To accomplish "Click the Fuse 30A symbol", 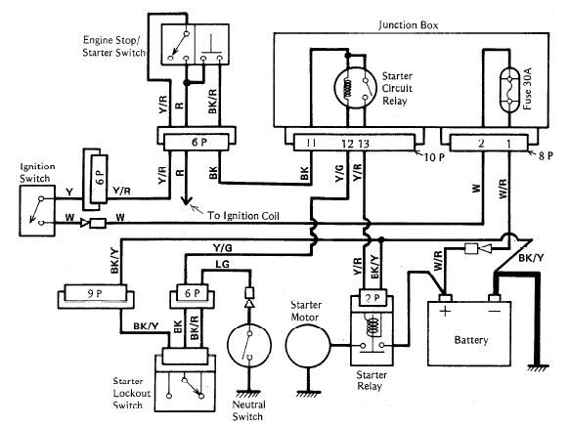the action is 509,90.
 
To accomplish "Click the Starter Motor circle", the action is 308,346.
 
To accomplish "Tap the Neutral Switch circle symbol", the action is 249,346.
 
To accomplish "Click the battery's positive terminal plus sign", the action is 445,311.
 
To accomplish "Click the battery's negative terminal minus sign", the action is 495,311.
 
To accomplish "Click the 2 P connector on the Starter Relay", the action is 373,298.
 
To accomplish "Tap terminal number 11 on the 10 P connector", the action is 310,143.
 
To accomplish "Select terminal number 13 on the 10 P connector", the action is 364,144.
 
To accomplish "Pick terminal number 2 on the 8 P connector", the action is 481,144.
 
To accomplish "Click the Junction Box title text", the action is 409,25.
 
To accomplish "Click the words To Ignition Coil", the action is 243,216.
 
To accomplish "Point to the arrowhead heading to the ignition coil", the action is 187,200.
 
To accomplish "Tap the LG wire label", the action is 223,264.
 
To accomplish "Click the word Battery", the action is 471,340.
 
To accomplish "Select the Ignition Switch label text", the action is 37,173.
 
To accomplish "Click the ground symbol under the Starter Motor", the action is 308,394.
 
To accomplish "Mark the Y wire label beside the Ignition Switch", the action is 69,192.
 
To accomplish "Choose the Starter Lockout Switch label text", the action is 132,393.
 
